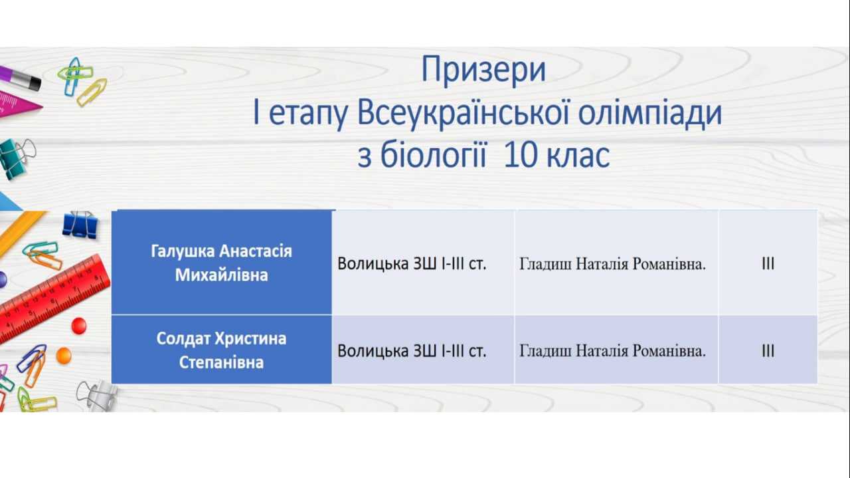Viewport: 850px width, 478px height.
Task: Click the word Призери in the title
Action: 483,70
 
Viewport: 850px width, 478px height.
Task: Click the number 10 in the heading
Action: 520,155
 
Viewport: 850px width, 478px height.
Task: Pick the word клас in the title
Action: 578,156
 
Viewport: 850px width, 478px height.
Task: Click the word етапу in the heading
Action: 307,114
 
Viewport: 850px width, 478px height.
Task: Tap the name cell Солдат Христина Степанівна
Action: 222,350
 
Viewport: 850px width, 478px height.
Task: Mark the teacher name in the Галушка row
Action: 612,264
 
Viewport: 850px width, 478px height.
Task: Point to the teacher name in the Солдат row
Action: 612,351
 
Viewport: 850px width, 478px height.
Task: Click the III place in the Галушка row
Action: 768,263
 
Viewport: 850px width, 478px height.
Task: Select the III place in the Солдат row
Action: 768,351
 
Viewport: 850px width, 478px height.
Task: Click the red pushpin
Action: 79,326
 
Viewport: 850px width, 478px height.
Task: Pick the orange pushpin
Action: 64,356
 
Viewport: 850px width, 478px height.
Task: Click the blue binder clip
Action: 80,225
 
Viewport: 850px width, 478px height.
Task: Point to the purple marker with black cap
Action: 20,78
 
